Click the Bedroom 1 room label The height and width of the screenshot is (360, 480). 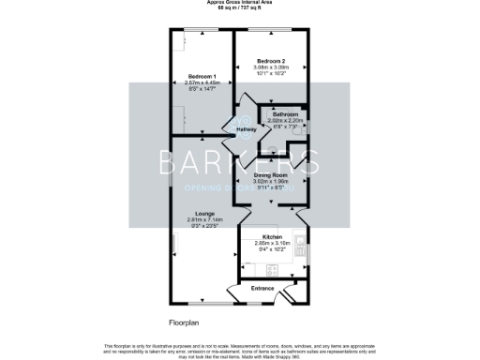(202, 76)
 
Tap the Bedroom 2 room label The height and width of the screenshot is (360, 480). (272, 59)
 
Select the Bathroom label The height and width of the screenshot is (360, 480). (285, 114)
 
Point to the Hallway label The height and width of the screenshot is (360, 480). (244, 128)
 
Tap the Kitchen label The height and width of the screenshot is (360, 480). (272, 236)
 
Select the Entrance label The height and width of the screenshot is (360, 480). (262, 288)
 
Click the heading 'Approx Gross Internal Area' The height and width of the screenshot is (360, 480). (240, 5)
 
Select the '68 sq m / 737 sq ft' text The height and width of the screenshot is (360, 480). (240, 10)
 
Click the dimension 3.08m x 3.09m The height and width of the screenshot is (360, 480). (272, 66)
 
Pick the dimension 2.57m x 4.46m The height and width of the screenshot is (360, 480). (202, 82)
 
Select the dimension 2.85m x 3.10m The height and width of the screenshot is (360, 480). (272, 243)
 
